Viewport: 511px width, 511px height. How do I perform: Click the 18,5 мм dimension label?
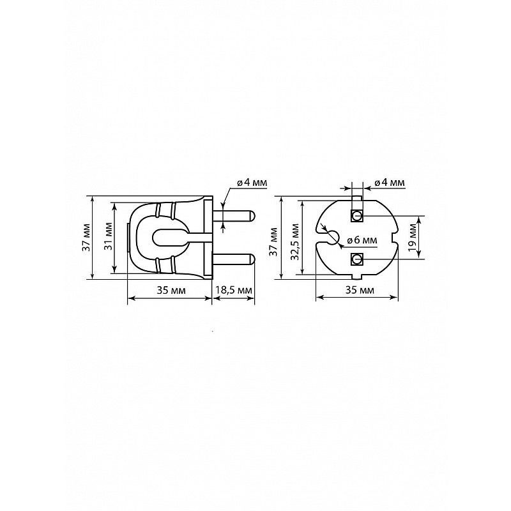pyautogui.click(x=234, y=290)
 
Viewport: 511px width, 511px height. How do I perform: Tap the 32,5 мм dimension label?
pyautogui.click(x=295, y=242)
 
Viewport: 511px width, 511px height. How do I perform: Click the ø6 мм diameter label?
pyautogui.click(x=362, y=240)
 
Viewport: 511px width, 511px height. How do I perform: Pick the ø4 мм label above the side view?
pyautogui.click(x=252, y=182)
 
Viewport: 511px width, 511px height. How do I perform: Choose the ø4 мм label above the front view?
pyautogui.click(x=390, y=182)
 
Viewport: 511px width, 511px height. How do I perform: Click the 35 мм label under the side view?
pyautogui.click(x=171, y=290)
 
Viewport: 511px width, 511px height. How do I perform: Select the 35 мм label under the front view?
pyautogui.click(x=360, y=290)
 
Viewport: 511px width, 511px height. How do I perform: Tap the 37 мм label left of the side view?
pyautogui.click(x=87, y=237)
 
